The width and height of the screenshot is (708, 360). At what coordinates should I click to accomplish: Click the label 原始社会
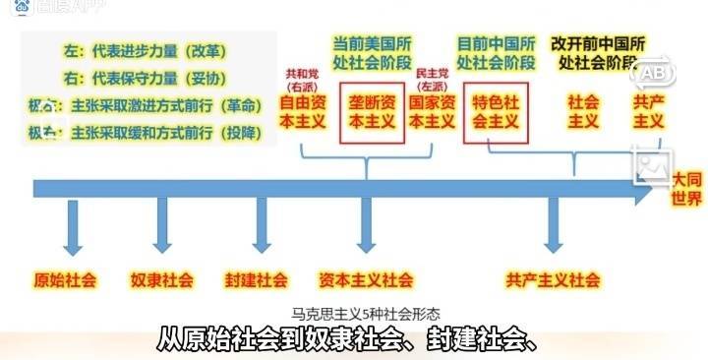tap(66, 279)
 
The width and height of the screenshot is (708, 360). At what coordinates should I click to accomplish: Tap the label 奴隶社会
tap(162, 279)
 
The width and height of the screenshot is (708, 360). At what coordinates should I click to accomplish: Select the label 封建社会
tap(256, 279)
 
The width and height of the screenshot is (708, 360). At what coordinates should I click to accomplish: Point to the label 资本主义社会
tap(366, 279)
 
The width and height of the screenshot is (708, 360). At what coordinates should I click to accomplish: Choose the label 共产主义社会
tap(554, 279)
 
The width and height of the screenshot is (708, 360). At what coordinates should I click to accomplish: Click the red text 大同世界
tap(687, 188)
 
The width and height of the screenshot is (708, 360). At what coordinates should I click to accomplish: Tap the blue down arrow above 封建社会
tap(261, 228)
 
